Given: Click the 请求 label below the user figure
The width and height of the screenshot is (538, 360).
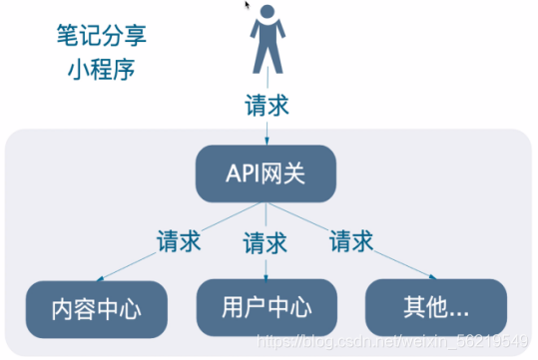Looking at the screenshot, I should click(x=266, y=105).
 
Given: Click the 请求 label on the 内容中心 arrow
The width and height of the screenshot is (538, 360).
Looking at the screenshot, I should click(x=180, y=241).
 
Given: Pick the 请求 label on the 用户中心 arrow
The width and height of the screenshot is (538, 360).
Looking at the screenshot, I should click(x=266, y=242).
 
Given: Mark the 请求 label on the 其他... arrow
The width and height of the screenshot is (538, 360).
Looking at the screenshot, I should click(x=351, y=240).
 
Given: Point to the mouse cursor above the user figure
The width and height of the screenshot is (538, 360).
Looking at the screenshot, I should click(x=247, y=5).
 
